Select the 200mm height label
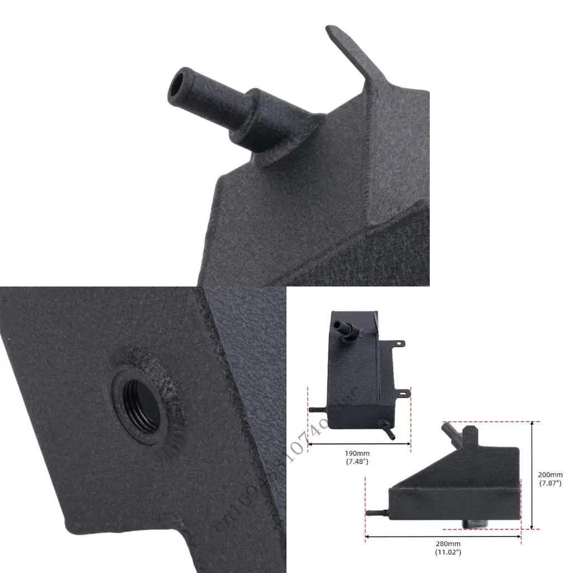point(550,475)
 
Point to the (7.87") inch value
point(550,483)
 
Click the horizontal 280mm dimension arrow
point(443,536)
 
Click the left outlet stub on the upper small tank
point(317,410)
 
